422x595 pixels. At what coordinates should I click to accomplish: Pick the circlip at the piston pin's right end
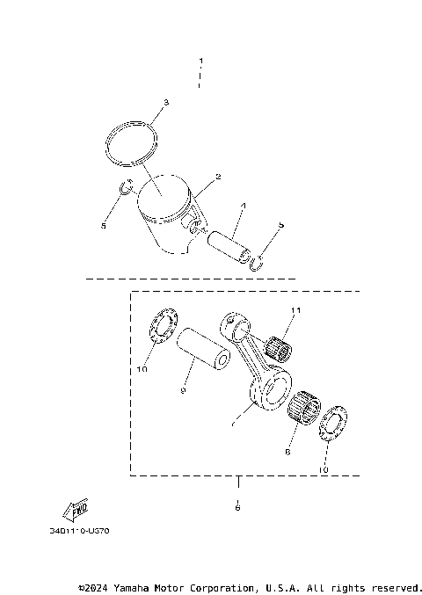point(257,261)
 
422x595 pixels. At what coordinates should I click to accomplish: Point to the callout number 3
point(164,103)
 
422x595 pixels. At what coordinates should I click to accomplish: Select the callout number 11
point(296,310)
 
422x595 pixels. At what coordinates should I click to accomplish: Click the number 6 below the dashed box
point(237,507)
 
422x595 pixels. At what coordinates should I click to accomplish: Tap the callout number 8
point(287,454)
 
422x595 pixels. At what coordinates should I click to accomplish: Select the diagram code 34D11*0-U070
point(80,532)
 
